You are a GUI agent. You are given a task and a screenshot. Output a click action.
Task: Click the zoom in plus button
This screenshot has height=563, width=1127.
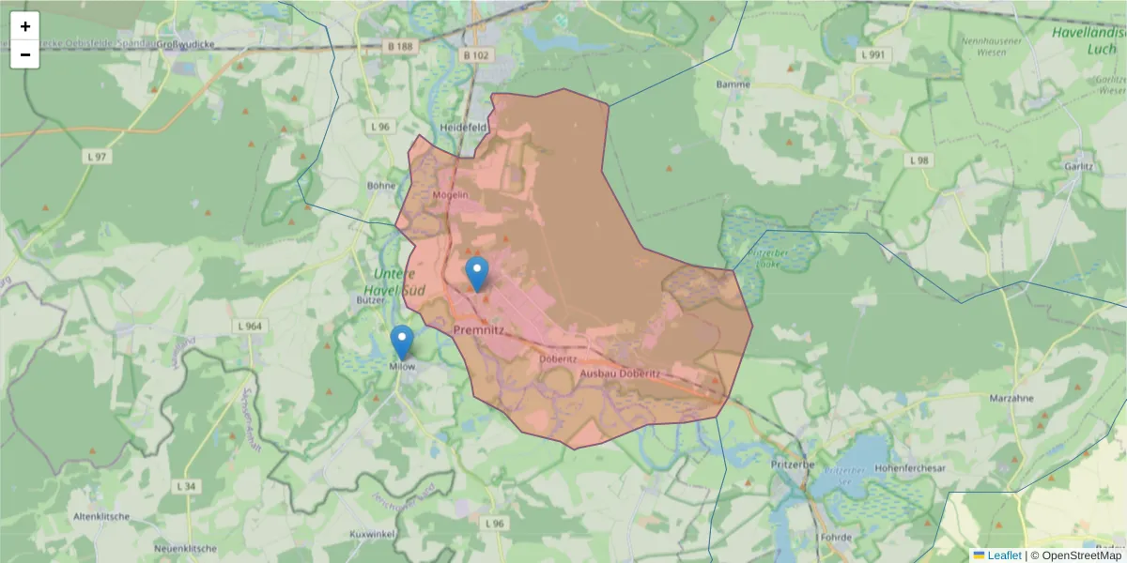25,26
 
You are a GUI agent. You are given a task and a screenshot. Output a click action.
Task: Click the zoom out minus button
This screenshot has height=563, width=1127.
25,54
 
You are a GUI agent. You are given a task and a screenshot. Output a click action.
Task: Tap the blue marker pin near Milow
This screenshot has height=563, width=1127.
402,342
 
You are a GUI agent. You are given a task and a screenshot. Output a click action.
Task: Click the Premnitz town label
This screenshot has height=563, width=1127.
479,331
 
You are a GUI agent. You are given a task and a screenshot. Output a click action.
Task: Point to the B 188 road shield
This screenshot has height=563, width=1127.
399,46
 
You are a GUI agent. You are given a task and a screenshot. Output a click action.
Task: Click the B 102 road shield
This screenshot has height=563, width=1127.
476,55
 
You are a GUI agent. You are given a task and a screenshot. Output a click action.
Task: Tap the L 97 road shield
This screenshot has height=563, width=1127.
96,157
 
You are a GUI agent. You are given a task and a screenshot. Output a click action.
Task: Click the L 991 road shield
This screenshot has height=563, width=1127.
872,55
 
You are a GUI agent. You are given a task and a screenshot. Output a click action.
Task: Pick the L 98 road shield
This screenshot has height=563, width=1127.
919,160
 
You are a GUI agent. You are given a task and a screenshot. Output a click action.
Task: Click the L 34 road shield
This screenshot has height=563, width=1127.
187,486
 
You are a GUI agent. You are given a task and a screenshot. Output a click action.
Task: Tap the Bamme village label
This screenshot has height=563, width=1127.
733,84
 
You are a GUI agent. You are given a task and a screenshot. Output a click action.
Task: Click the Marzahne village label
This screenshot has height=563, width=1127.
1011,398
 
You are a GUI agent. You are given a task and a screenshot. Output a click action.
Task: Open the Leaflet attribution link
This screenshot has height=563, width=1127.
1004,555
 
